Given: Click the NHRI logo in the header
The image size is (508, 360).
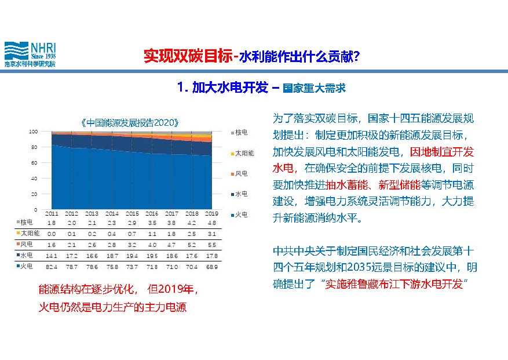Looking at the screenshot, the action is (x=30, y=54).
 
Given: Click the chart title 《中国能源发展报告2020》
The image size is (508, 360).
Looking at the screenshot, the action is (x=130, y=123).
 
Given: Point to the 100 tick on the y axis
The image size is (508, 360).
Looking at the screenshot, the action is (x=34, y=132).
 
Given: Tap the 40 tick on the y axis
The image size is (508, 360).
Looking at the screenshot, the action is (x=34, y=179).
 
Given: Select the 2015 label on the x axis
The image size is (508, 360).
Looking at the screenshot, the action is (x=132, y=214).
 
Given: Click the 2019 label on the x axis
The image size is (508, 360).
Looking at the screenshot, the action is (x=211, y=214).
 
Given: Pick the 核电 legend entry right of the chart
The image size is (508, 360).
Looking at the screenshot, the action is (x=239, y=133).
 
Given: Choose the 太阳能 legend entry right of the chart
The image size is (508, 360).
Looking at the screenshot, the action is (x=242, y=153).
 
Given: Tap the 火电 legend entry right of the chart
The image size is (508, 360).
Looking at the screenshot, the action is (x=239, y=214).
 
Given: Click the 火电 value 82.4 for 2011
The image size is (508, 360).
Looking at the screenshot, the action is (x=52, y=267).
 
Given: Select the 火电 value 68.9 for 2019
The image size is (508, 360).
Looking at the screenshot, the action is (x=212, y=267).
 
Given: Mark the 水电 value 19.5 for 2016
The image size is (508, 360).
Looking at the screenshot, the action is (x=152, y=256).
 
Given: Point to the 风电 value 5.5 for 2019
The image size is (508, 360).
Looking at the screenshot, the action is (x=212, y=245).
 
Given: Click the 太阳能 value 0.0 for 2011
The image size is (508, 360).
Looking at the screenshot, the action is (x=52, y=234).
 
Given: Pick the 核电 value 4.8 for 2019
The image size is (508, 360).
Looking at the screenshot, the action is (x=212, y=223).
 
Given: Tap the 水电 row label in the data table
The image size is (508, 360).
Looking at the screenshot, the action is (x=25, y=256).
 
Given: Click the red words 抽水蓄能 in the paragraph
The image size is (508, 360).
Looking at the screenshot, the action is (x=346, y=185).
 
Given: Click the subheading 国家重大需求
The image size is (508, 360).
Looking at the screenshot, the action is (x=315, y=88).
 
